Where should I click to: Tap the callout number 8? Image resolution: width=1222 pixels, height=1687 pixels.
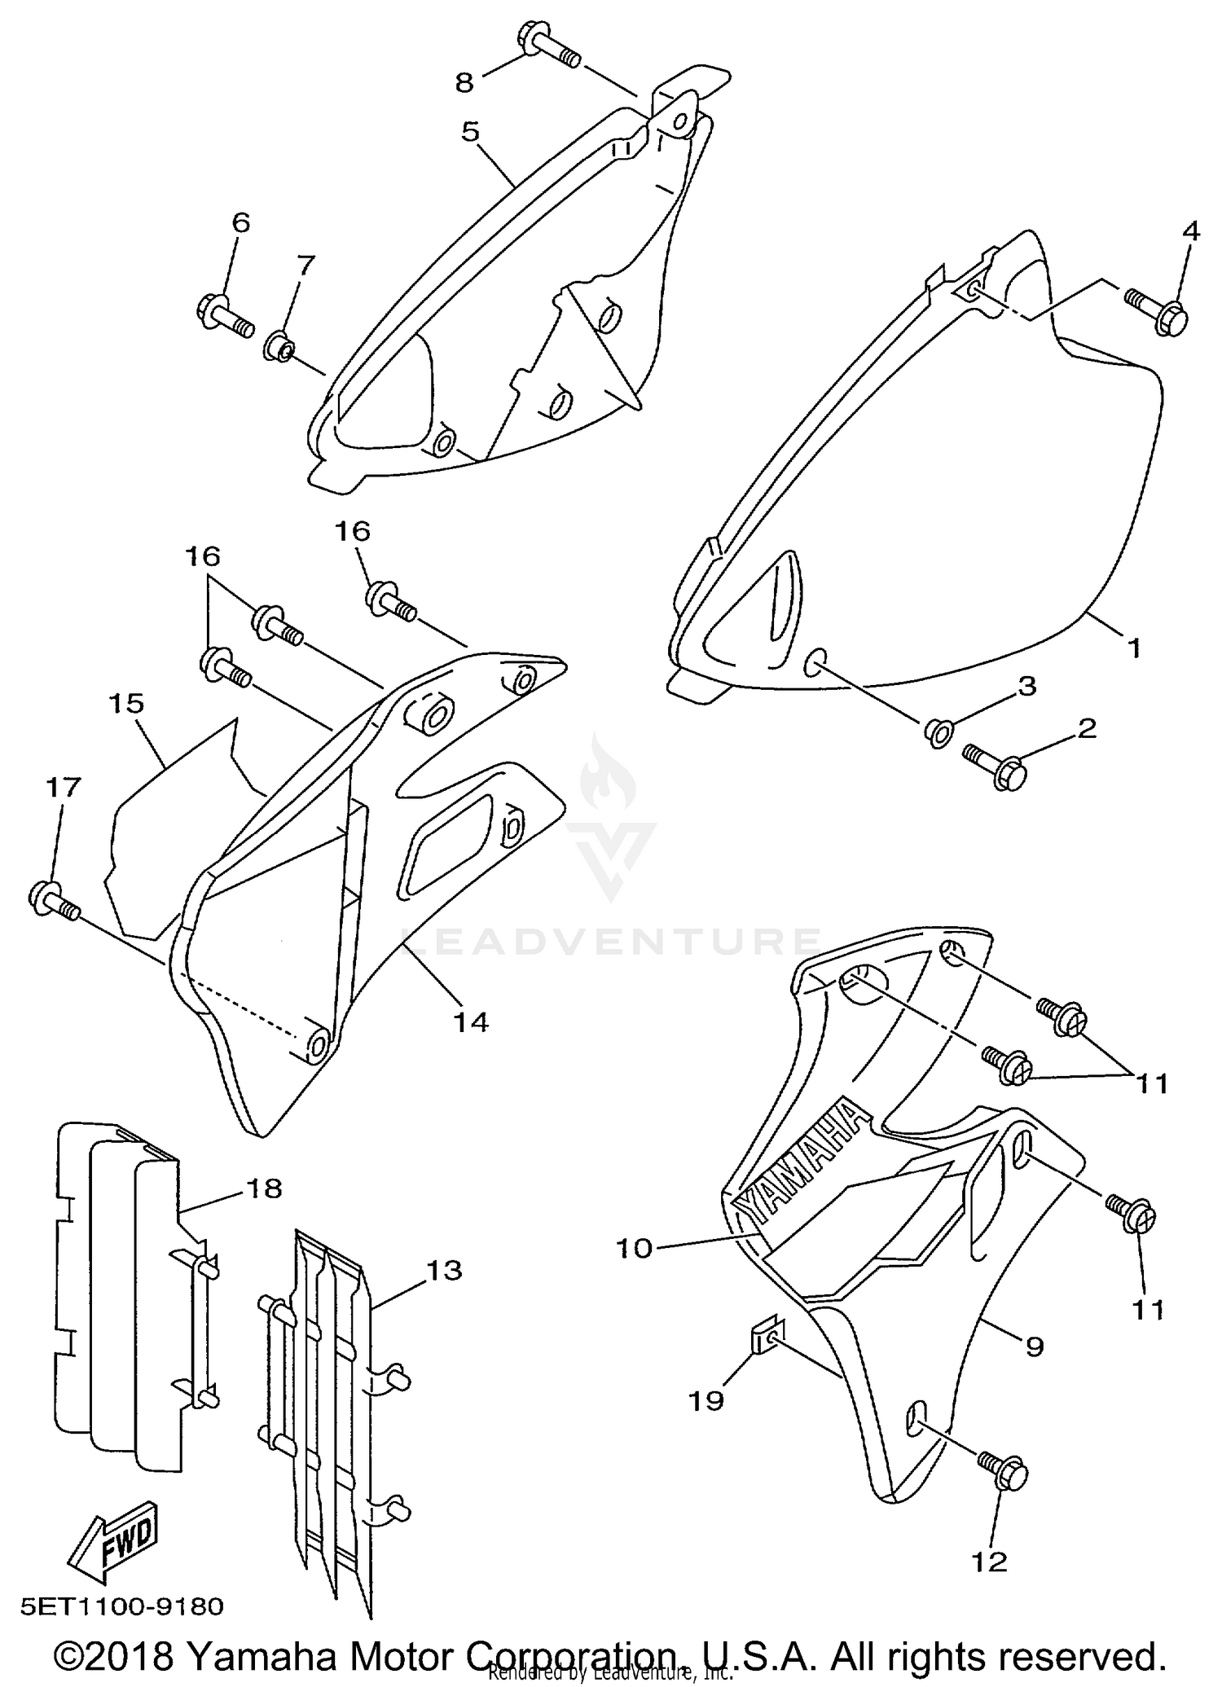(464, 81)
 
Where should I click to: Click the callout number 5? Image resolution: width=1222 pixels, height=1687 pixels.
(470, 131)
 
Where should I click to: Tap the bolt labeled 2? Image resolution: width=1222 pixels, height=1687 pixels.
(994, 762)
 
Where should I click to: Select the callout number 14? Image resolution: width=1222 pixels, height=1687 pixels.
(471, 1021)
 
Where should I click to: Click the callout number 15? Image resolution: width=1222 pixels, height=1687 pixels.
(125, 703)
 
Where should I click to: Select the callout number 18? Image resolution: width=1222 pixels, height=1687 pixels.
(262, 1188)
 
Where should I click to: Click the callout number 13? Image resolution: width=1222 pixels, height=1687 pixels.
(442, 1270)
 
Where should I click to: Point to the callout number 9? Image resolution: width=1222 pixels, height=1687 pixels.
(1033, 1347)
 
